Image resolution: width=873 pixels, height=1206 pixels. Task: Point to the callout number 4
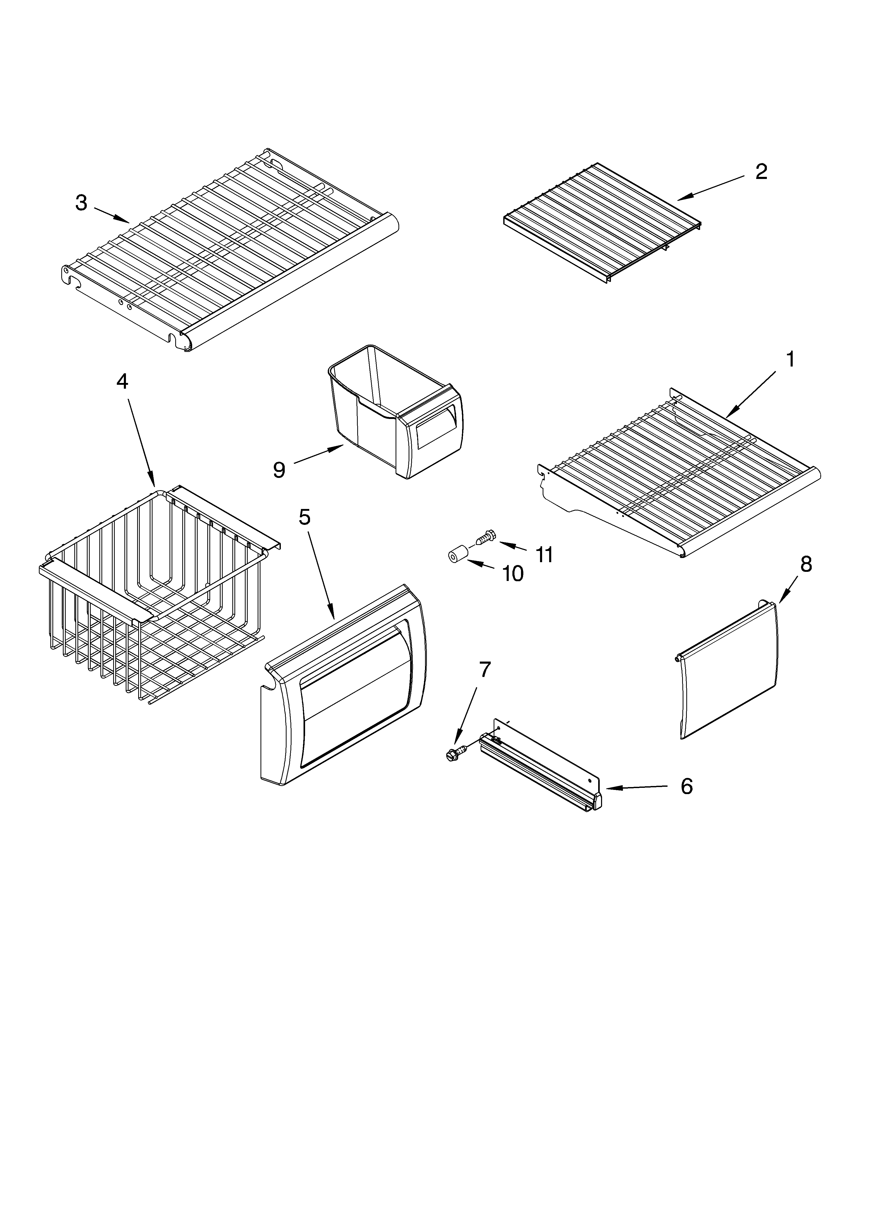(x=122, y=381)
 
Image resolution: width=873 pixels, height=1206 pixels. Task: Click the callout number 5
(x=304, y=516)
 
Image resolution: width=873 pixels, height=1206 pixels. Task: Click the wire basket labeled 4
(x=154, y=590)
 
